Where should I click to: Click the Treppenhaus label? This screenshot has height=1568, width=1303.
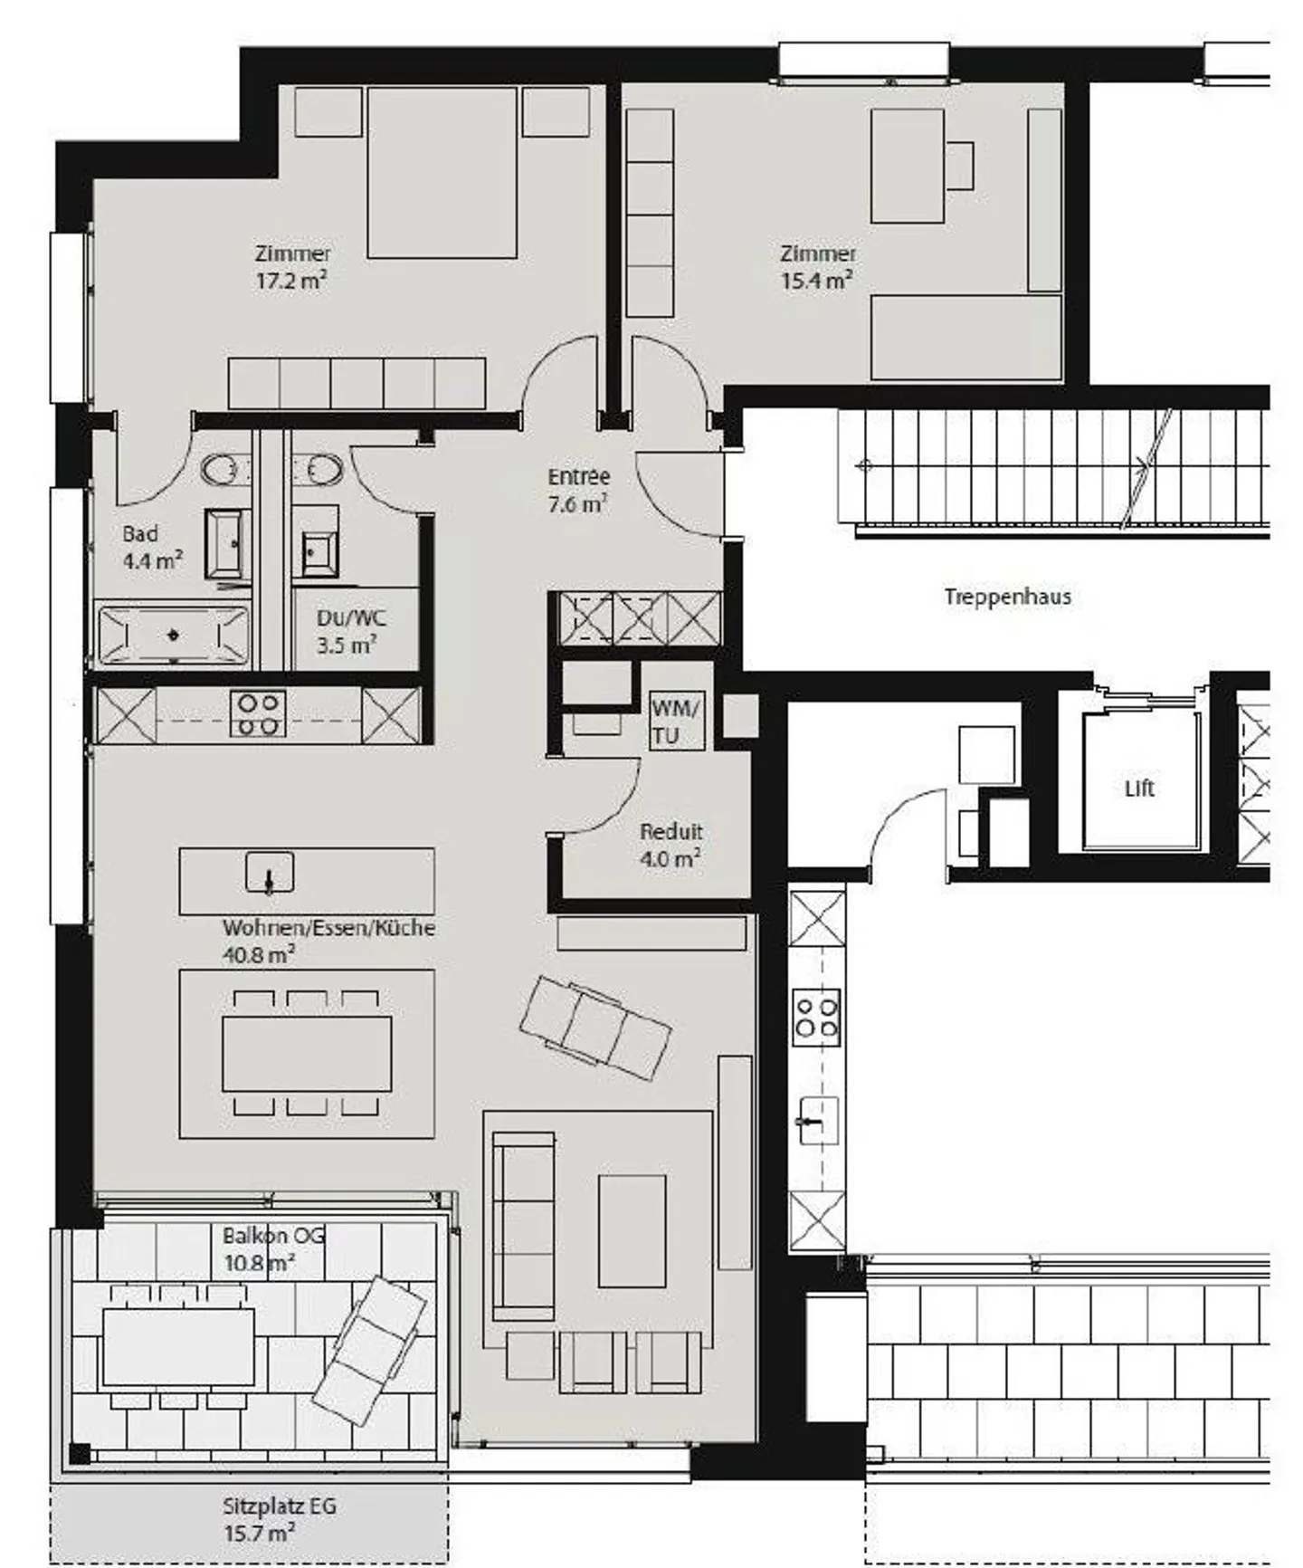(x=1007, y=597)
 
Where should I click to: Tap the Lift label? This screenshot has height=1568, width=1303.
(x=1138, y=789)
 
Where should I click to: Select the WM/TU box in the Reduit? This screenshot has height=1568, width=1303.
(x=675, y=722)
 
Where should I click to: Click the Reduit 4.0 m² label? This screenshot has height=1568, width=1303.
(x=671, y=845)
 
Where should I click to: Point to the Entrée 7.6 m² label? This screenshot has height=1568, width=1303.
(x=578, y=490)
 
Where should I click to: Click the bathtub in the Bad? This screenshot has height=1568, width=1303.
(x=173, y=635)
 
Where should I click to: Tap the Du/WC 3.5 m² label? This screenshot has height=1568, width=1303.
(x=349, y=632)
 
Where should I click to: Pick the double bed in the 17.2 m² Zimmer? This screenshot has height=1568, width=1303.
(x=442, y=172)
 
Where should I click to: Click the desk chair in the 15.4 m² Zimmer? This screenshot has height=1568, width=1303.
(x=958, y=166)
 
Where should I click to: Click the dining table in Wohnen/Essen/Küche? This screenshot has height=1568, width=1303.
(x=307, y=1053)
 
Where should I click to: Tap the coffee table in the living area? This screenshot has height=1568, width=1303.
(x=632, y=1229)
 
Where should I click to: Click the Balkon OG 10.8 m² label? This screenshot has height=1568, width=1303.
(x=273, y=1249)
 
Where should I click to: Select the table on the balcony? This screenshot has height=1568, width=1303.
(x=178, y=1347)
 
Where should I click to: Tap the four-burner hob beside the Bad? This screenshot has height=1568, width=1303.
(x=258, y=713)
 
